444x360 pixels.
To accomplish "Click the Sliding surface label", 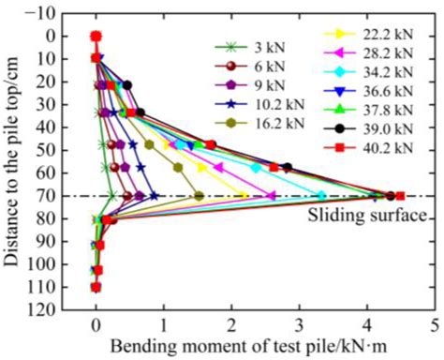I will (368, 215).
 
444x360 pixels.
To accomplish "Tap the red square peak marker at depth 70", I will (400, 196).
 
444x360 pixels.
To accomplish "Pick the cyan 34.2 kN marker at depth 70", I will (321, 196).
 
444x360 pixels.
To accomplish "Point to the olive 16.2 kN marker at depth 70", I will (199, 196).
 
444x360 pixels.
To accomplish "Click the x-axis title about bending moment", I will (257, 347).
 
